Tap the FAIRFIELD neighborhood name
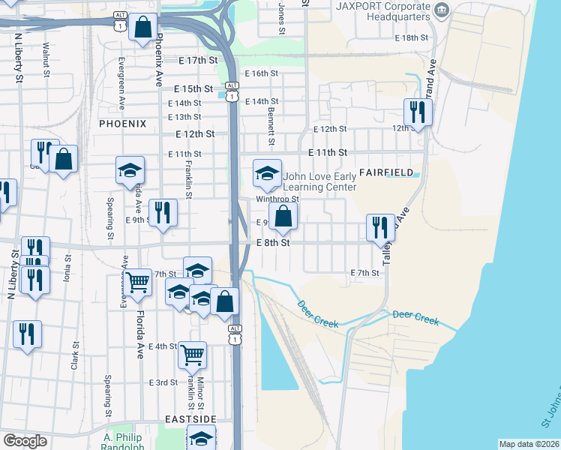[x=385, y=172]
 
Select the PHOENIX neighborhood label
[x=121, y=122]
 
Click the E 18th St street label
[x=412, y=37]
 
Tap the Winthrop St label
[x=277, y=199]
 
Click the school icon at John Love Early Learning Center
[x=267, y=173]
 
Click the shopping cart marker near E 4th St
[x=192, y=353]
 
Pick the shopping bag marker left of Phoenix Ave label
[x=142, y=27]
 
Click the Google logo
[x=25, y=441]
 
